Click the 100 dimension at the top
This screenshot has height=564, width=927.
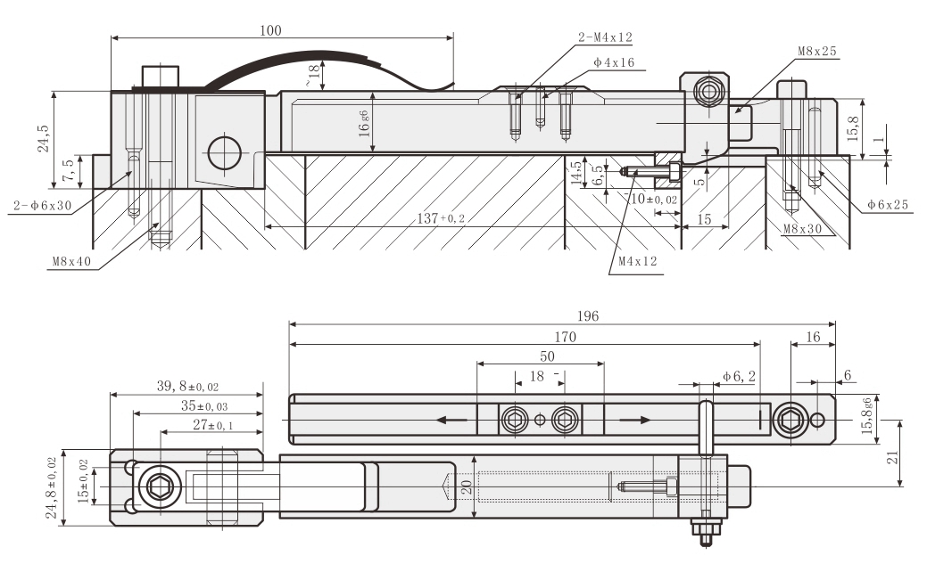pyautogui.click(x=271, y=30)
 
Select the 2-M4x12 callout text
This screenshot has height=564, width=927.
pyautogui.click(x=605, y=37)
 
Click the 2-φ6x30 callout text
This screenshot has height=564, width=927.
pyautogui.click(x=43, y=206)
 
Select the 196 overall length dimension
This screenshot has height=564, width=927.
pyautogui.click(x=587, y=316)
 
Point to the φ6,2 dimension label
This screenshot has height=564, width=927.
pyautogui.click(x=738, y=377)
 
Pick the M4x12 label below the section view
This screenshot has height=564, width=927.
pyautogui.click(x=636, y=263)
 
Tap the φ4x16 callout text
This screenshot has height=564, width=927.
pyautogui.click(x=614, y=64)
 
